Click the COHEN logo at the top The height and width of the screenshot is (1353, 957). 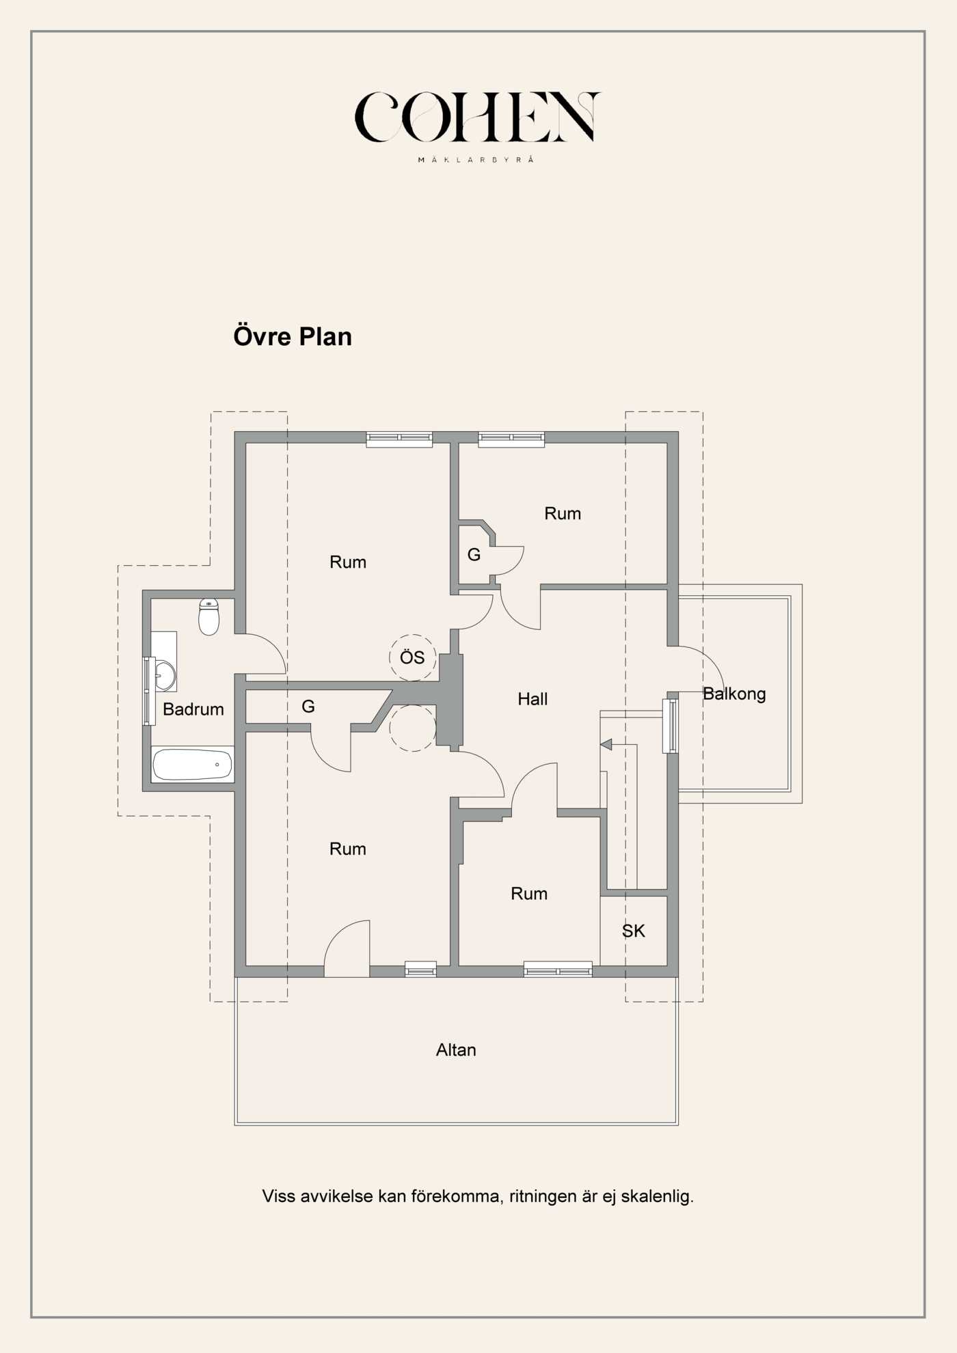[x=477, y=118]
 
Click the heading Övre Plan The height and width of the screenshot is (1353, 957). [x=293, y=336]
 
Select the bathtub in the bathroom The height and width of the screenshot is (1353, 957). [x=192, y=765]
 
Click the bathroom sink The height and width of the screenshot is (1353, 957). [x=164, y=675]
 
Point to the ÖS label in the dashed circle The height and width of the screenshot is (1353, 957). [x=412, y=657]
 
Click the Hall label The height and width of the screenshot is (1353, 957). [x=533, y=699]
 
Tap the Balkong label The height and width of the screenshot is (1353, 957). [x=734, y=694]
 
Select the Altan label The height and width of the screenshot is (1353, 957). [x=456, y=1050]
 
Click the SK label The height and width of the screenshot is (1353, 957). [x=633, y=931]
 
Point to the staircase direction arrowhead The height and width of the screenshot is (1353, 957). [x=606, y=744]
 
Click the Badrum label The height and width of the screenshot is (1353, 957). [x=193, y=709]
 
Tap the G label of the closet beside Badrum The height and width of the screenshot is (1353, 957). [x=308, y=707]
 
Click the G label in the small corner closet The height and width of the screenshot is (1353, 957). [x=474, y=555]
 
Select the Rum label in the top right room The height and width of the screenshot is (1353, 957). [x=563, y=514]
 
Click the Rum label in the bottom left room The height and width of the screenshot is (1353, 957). [x=347, y=849]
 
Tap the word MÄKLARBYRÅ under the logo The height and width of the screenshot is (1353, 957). [x=476, y=160]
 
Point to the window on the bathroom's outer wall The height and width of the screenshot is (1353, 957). [x=148, y=690]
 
